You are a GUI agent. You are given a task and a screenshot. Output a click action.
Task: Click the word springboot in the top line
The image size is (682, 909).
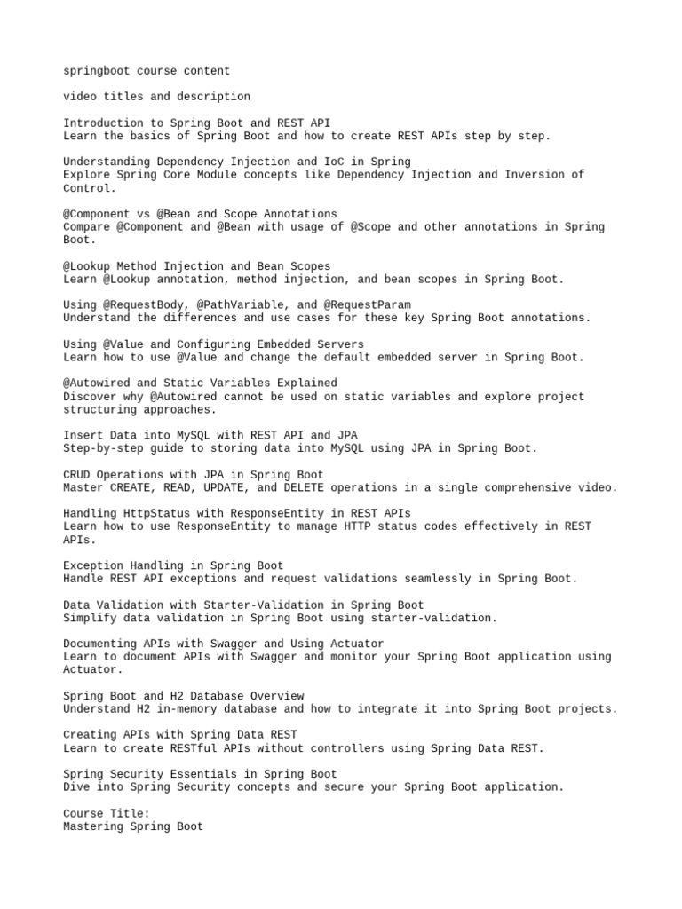pos(96,71)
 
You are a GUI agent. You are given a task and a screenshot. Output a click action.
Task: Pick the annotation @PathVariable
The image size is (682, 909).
pos(240,304)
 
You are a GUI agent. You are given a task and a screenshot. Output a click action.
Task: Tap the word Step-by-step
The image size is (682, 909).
pos(103,448)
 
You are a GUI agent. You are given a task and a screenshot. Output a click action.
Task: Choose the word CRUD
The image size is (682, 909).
pos(76,475)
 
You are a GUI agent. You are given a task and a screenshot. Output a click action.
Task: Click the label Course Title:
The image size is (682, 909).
pos(107,813)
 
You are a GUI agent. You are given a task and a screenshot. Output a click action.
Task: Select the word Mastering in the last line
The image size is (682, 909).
pos(93,826)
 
